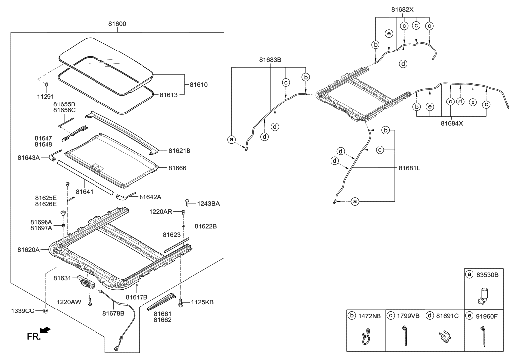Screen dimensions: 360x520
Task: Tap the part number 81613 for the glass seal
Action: point(169,94)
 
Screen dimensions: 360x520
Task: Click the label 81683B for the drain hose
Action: point(270,60)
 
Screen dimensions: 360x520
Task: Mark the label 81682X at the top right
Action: point(402,9)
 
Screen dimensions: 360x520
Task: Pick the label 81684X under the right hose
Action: point(452,124)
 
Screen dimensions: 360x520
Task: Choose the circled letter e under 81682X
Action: point(389,34)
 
